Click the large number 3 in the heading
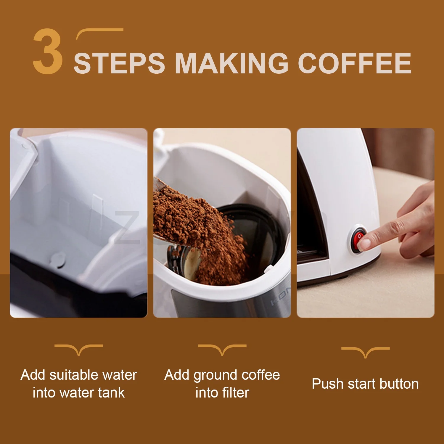48,51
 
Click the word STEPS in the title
119,63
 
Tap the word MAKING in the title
232,63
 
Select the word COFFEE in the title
355,63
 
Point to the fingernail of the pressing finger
364,244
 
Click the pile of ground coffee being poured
201,234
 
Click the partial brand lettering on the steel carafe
281,296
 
